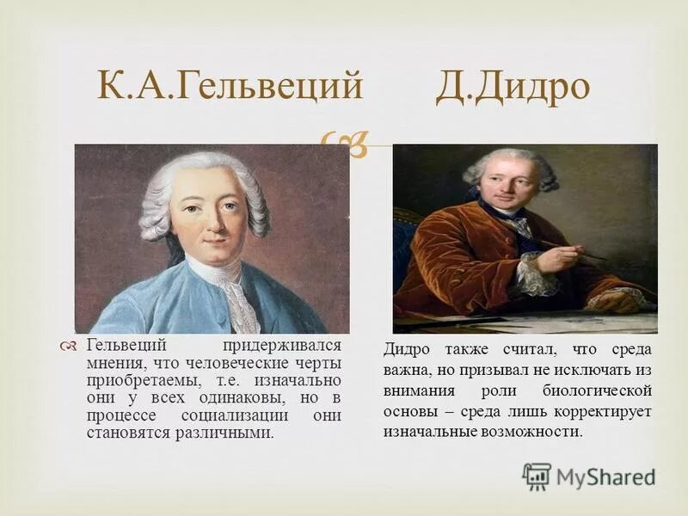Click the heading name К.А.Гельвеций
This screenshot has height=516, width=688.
[x=227, y=88]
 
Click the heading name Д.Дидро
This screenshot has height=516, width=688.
[x=513, y=88]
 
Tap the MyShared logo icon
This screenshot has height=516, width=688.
[x=537, y=476]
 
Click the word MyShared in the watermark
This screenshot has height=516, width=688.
[x=605, y=476]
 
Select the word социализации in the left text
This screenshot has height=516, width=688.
[x=230, y=415]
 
